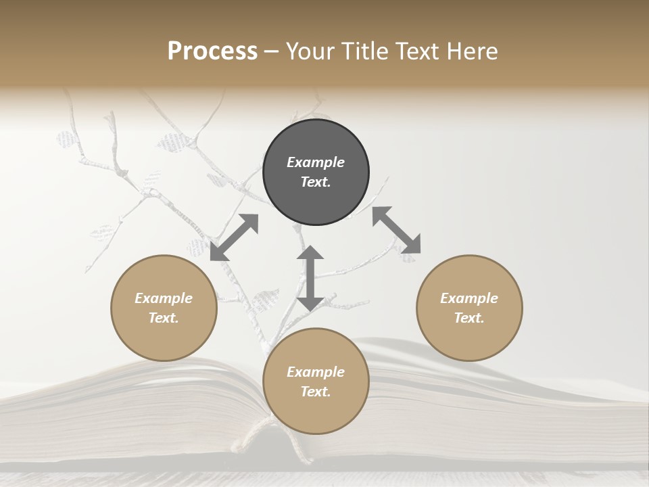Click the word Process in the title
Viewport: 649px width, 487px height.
[x=212, y=51]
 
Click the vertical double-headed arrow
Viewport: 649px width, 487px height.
[x=310, y=279]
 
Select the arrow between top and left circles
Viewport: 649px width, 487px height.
[x=234, y=237]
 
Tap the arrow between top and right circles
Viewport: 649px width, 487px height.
[x=396, y=230]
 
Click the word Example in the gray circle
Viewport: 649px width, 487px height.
[x=316, y=162]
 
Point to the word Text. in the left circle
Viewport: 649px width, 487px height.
[x=164, y=318]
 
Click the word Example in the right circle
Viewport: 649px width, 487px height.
[x=469, y=298]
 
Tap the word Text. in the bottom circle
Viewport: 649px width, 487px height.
[x=316, y=392]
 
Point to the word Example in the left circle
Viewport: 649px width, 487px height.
[x=164, y=298]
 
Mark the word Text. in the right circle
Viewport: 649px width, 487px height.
[x=469, y=318]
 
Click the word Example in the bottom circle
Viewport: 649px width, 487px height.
[x=316, y=372]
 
